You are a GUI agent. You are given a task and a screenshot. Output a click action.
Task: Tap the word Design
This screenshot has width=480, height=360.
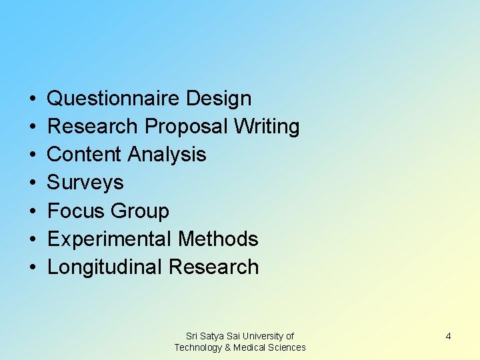click(219, 99)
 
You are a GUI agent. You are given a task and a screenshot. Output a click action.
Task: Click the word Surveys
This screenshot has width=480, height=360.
click(85, 183)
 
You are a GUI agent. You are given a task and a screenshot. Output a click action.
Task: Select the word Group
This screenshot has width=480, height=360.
click(141, 211)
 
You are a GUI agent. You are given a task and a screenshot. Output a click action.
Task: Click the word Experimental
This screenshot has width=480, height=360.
click(110, 239)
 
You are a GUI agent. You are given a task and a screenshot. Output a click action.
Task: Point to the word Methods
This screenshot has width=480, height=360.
click(219, 239)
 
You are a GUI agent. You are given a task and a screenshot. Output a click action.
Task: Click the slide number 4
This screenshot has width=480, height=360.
click(448, 336)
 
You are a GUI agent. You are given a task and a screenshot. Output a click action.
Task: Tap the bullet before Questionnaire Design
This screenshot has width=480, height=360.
click(33, 99)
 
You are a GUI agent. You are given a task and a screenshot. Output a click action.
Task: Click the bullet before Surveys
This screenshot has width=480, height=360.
click(33, 183)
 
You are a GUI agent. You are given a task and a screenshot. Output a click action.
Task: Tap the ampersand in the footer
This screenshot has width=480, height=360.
click(228, 347)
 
